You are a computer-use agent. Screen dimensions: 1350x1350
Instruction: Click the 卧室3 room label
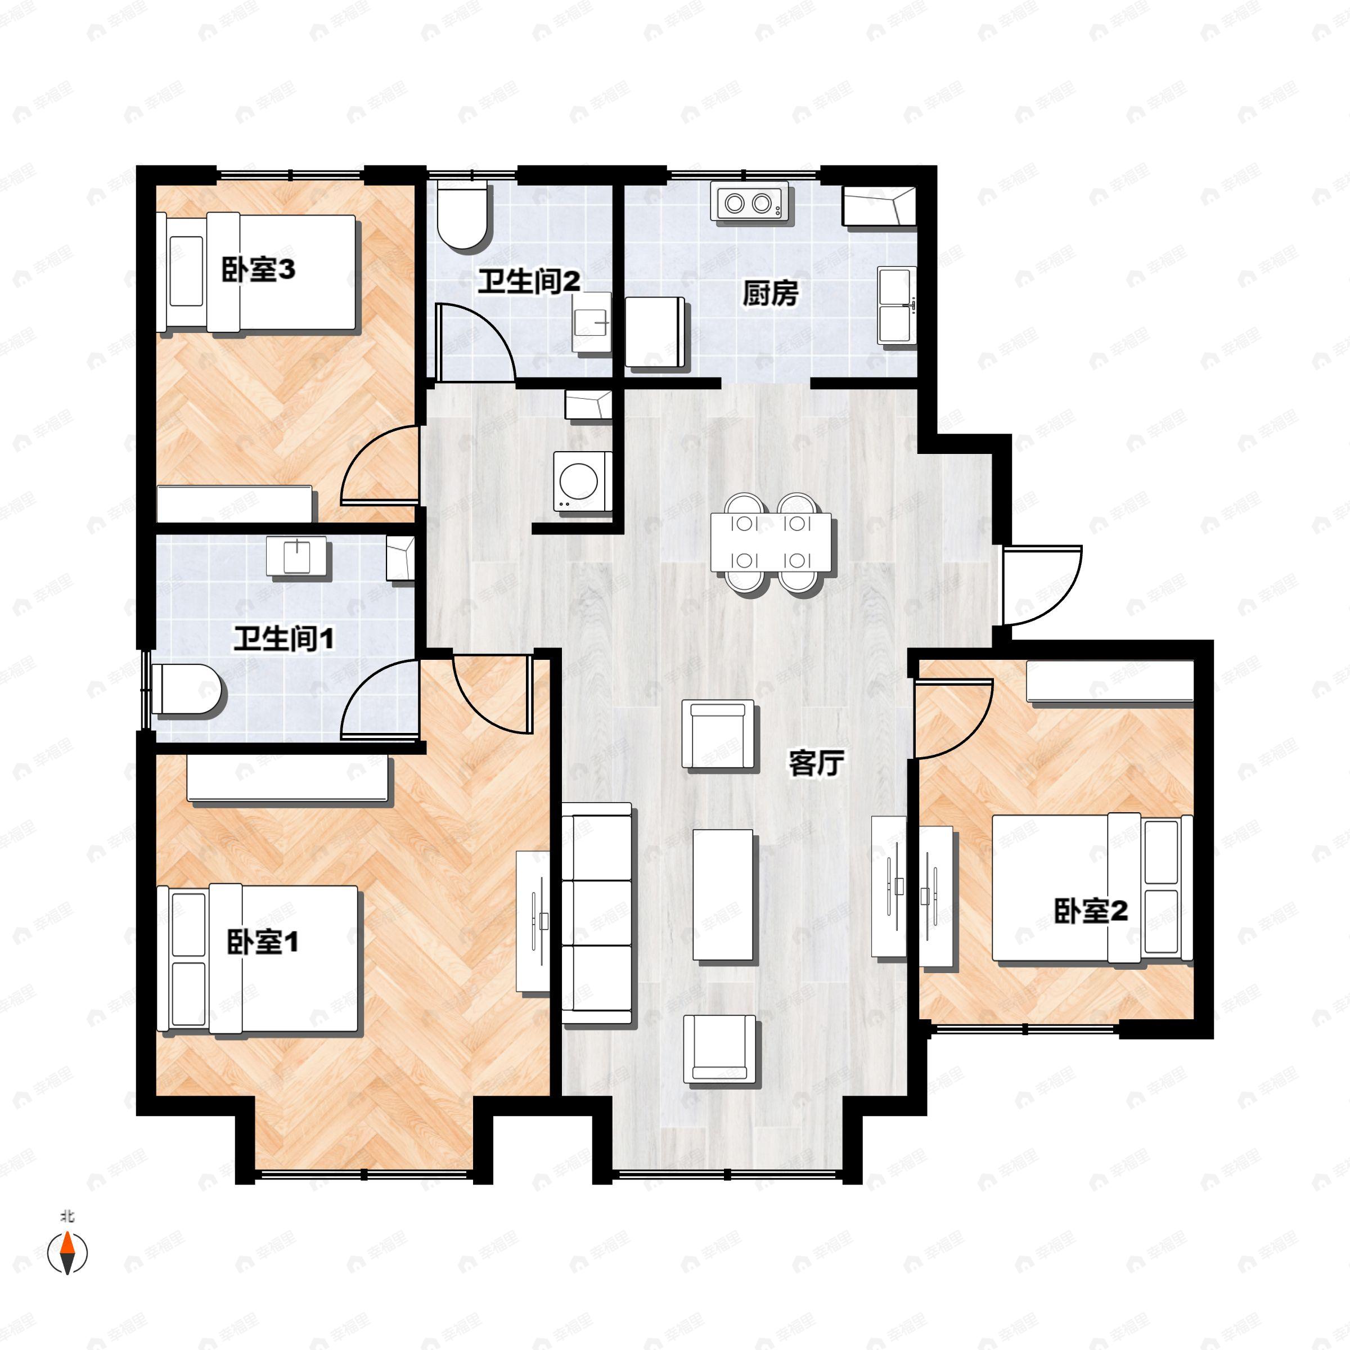(x=258, y=270)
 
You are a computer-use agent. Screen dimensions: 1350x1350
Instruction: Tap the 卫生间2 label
(x=528, y=282)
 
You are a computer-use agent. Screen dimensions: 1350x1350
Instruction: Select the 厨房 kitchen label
(x=769, y=294)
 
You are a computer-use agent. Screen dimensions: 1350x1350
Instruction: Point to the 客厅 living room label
(x=816, y=763)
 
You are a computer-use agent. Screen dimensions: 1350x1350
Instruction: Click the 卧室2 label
(x=1090, y=911)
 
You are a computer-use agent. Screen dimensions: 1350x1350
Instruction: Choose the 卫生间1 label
(x=283, y=638)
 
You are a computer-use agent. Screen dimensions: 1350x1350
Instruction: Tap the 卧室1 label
(x=262, y=943)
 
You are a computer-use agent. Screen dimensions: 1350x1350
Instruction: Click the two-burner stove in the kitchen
(x=748, y=202)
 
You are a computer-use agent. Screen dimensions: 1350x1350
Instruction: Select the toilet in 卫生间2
(x=462, y=215)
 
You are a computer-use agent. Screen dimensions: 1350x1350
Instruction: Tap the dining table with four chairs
(x=771, y=542)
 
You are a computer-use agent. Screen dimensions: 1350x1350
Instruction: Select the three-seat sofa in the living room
(x=597, y=915)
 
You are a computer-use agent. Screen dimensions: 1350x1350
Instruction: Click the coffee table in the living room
(x=722, y=895)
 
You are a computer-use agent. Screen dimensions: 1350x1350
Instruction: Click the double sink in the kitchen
(x=897, y=305)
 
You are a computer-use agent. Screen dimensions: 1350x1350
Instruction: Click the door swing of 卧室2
(x=952, y=718)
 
